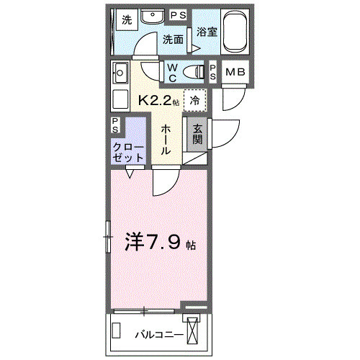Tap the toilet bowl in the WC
[194, 71]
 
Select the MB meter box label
[235, 71]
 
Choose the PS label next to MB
[214, 71]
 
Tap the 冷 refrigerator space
[195, 101]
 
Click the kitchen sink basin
[120, 73]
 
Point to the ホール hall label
[166, 139]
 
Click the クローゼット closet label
[127, 150]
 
